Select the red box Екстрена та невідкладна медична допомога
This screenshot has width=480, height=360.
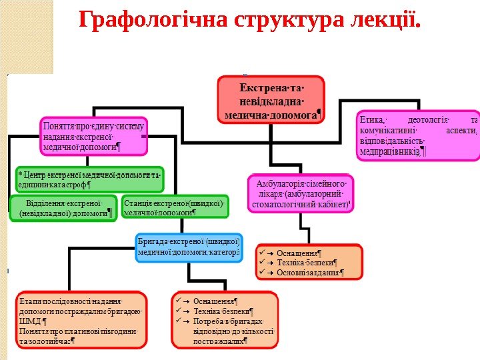pos(271,101)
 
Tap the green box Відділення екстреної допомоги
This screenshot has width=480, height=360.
pos(62,207)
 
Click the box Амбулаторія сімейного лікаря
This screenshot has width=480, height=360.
pos(302,193)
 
